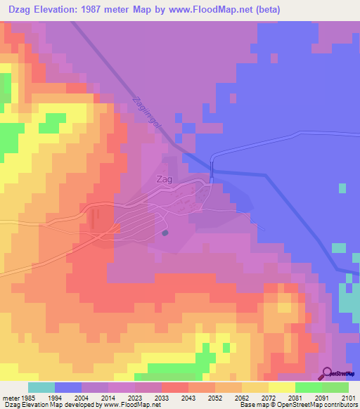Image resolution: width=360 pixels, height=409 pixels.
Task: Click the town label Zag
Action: pyautogui.click(x=165, y=180)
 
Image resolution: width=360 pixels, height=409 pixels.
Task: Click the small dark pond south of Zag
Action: pyautogui.click(x=165, y=233)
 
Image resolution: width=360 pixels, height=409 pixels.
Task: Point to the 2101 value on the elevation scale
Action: pyautogui.click(x=348, y=398)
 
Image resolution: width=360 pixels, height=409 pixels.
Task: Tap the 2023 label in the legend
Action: pyautogui.click(x=134, y=398)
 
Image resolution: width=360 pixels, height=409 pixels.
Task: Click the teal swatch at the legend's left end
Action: pyautogui.click(x=41, y=387)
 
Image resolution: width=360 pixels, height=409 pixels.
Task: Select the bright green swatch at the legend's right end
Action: pyautogui.click(x=335, y=387)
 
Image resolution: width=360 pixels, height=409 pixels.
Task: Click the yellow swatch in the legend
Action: pyautogui.click(x=281, y=387)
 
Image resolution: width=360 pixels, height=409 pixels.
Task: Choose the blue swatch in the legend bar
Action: pyautogui.click(x=67, y=387)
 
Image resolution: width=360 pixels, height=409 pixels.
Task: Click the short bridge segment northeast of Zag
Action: pyautogui.click(x=212, y=169)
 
